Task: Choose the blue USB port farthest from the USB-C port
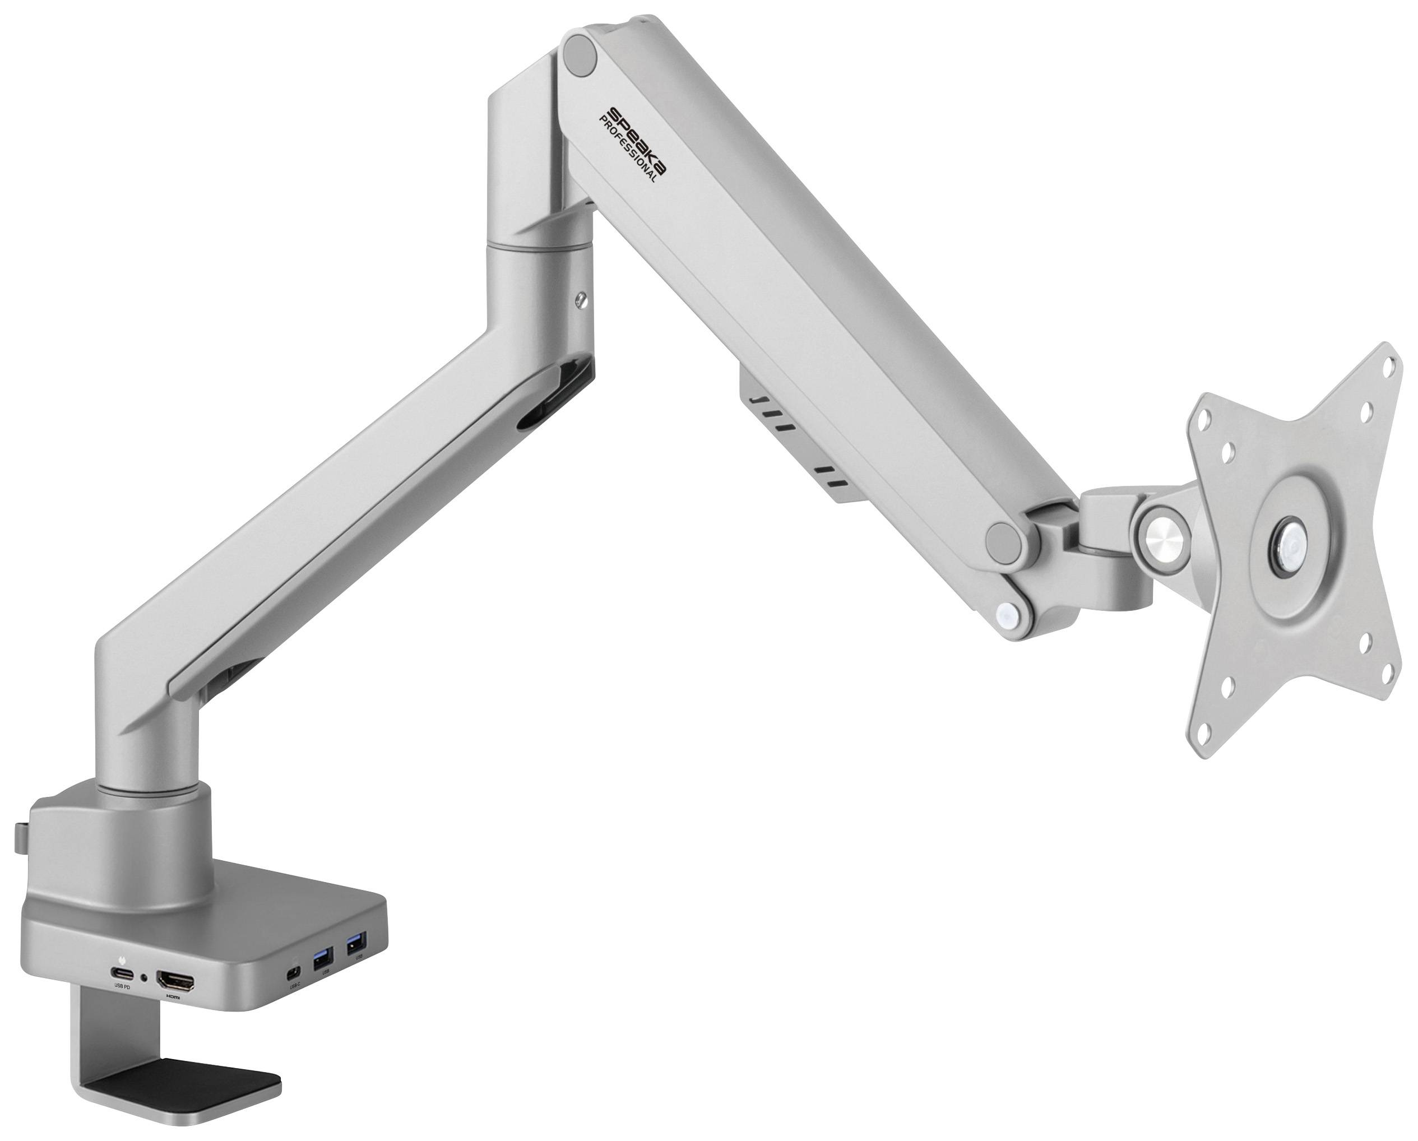click(x=356, y=945)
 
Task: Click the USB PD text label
click(x=122, y=986)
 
